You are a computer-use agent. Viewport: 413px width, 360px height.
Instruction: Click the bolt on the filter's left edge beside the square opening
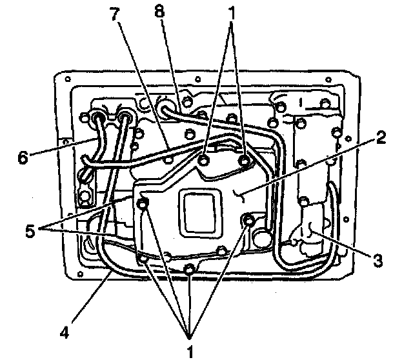tap(143, 205)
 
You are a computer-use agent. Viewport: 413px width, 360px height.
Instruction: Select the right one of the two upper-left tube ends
tap(125, 117)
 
